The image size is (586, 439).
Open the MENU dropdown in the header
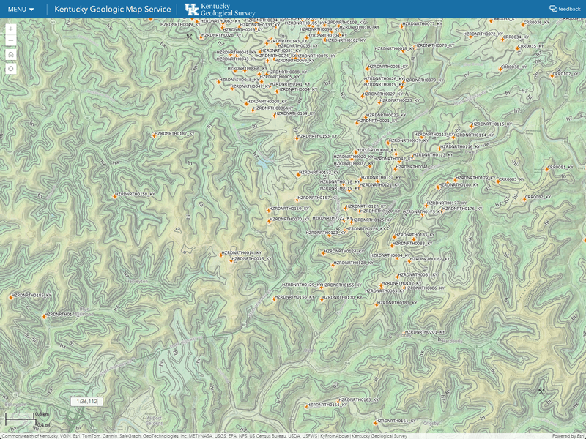click(x=21, y=10)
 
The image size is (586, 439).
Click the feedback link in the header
click(x=565, y=10)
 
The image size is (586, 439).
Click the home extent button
click(x=11, y=54)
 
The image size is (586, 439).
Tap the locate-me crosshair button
click(x=11, y=68)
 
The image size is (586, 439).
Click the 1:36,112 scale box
click(x=86, y=401)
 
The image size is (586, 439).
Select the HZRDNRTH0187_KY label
click(x=174, y=134)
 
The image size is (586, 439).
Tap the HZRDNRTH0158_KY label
click(x=137, y=194)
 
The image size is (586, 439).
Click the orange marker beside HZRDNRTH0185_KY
click(x=11, y=296)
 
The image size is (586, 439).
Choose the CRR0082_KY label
click(x=538, y=197)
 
